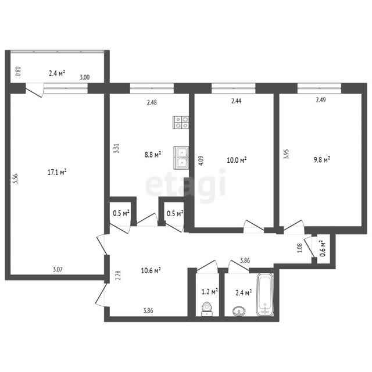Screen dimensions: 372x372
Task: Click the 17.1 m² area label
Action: point(57,172)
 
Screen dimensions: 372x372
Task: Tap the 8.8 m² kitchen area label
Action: point(153,155)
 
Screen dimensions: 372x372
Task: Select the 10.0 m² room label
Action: point(237,160)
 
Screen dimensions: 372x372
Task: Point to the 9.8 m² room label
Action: point(322,159)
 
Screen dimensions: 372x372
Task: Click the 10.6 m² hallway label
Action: point(151,270)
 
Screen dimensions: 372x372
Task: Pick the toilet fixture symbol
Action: point(207,309)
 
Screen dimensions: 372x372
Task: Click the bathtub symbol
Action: point(265,295)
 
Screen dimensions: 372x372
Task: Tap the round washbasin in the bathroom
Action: point(239,311)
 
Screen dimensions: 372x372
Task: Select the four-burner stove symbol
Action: point(181,123)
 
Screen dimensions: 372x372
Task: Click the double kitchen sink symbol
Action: point(181,158)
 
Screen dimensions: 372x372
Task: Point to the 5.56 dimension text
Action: point(16,179)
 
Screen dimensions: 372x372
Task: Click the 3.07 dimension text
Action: point(58,270)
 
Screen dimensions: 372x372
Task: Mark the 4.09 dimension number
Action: point(201,160)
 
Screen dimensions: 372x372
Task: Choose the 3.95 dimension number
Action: point(287,153)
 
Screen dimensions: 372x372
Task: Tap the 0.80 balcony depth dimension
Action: point(18,71)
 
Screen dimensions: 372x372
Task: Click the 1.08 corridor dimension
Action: point(300,248)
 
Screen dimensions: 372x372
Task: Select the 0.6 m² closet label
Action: point(323,248)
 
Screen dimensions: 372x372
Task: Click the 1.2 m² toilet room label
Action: point(210,292)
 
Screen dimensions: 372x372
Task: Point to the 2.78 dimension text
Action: point(118,276)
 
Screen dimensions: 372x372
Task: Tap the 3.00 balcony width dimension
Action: point(84,77)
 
